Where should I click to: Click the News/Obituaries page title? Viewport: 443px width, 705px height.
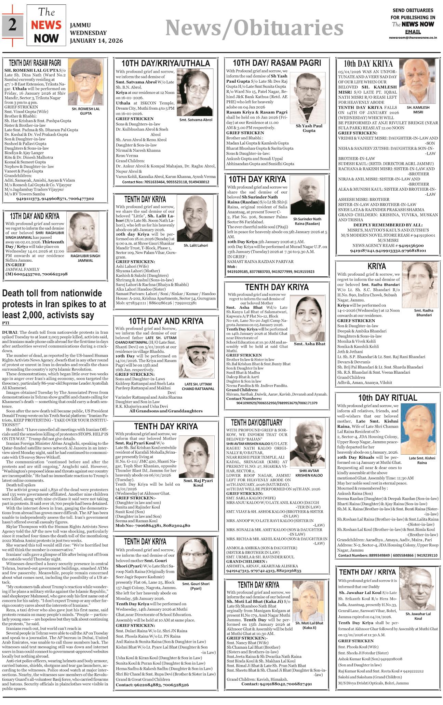click(254, 28)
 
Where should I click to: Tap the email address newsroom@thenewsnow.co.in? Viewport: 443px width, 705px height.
click(413, 38)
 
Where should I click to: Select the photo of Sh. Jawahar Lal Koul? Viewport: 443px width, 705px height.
click(418, 588)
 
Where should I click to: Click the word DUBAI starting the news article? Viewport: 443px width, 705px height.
click(10, 332)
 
